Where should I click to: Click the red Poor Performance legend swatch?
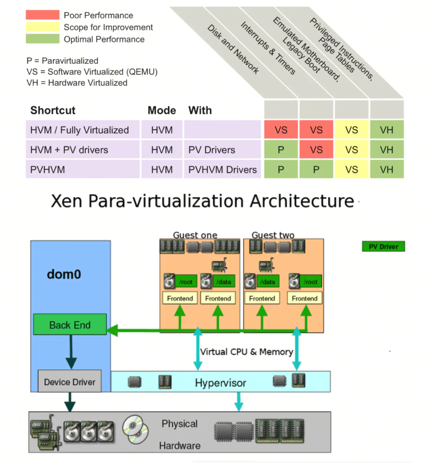[42, 15]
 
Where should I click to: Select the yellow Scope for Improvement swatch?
[42, 27]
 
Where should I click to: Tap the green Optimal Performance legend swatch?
[42, 39]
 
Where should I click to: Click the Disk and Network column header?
[233, 49]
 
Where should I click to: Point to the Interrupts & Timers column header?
[268, 48]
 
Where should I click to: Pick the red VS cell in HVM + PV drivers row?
[317, 150]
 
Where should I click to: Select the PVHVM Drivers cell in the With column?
[222, 170]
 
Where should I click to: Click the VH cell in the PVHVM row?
[387, 170]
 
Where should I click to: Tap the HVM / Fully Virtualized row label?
[80, 130]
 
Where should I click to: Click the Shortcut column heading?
[53, 110]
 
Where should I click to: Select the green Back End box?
[70, 324]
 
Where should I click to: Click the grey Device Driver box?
[70, 381]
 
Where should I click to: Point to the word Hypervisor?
[220, 383]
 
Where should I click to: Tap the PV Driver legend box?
[384, 246]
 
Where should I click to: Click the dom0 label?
[64, 274]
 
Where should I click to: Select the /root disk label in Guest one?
[186, 281]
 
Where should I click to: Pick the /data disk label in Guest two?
[267, 281]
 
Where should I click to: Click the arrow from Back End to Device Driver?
[71, 352]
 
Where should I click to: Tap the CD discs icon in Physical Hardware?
[136, 430]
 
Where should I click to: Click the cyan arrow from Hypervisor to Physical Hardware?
[239, 402]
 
